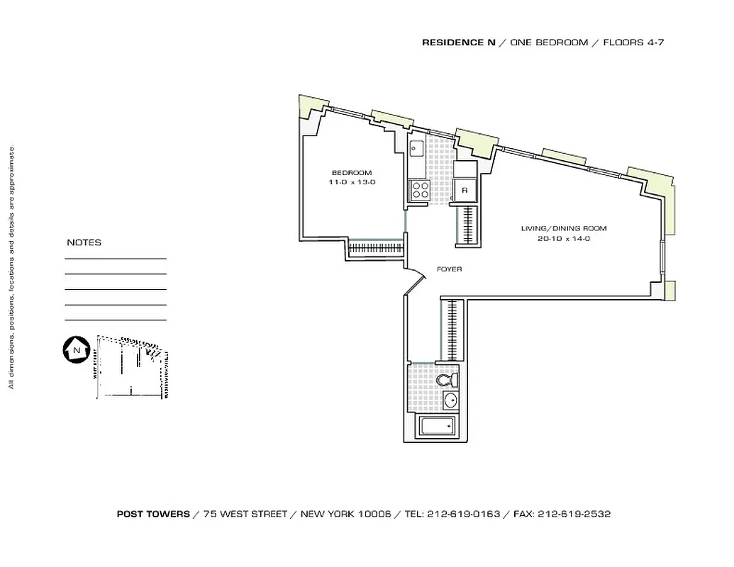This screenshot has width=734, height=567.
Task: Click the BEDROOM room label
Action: pos(351,173)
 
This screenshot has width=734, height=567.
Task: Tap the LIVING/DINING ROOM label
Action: pos(564,228)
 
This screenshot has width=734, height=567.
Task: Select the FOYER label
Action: pos(449,269)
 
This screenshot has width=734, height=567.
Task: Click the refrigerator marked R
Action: pos(465,190)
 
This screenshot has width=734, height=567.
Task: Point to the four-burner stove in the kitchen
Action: pos(419,189)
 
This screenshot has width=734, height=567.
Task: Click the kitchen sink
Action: pos(416,148)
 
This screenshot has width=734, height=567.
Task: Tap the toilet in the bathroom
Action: pos(447,381)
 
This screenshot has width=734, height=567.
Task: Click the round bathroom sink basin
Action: pos(450,401)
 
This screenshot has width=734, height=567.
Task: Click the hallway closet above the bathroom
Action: pos(452,330)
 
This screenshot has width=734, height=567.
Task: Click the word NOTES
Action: pos(84,242)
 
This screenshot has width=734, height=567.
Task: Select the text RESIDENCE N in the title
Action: pos(458,43)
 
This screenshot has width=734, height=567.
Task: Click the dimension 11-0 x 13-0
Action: pos(351,183)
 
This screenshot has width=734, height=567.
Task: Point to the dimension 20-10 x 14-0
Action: pos(564,239)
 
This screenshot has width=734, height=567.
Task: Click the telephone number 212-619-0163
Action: pos(464,515)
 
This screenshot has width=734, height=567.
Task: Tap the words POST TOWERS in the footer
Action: pos(153,515)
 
